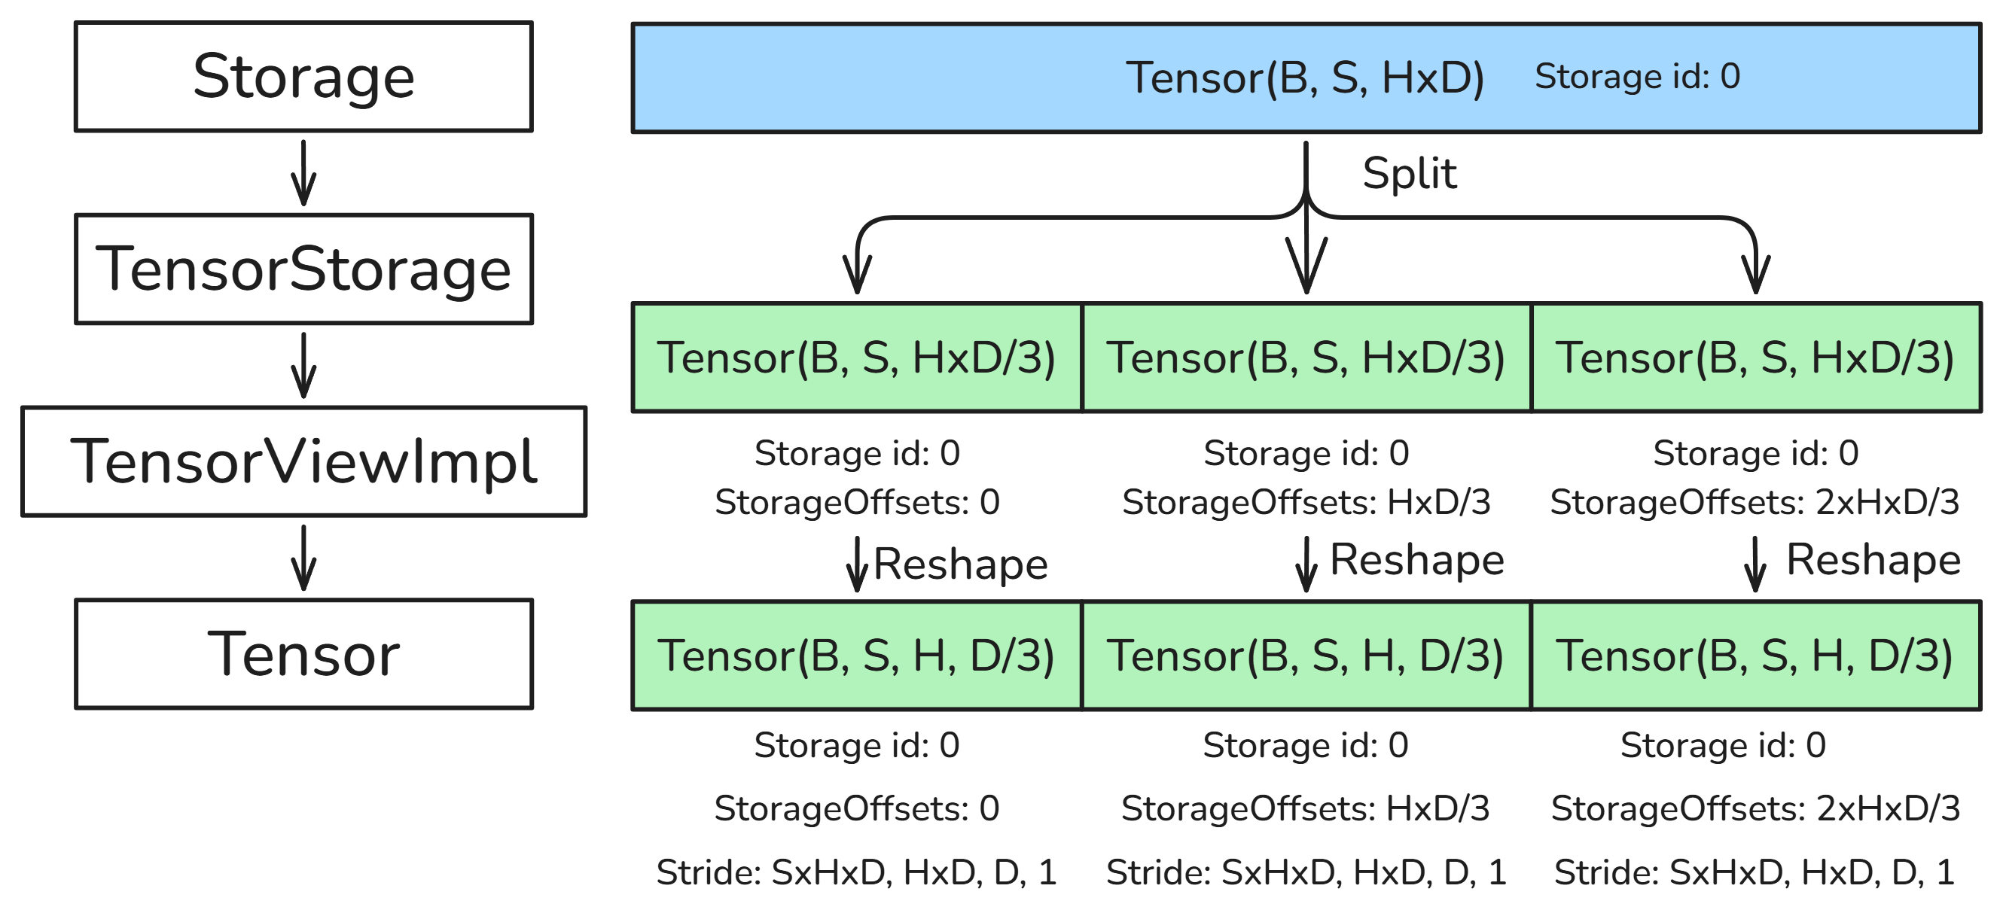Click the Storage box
[303, 76]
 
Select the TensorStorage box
[303, 268]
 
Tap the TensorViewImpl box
[303, 461]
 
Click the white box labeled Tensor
[303, 654]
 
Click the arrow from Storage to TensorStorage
[303, 172]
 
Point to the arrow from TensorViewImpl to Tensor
[303, 558]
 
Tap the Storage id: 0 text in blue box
[1637, 76]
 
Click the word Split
[1409, 172]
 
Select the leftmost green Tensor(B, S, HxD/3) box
[856, 358]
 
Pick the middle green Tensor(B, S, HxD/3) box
[1306, 358]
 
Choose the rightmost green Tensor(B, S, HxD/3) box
[1755, 358]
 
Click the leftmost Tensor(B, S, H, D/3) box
[856, 656]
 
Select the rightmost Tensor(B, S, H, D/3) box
[1755, 656]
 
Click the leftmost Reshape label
[959, 563]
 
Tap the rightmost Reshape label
[1873, 559]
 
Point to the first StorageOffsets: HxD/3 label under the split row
[1306, 502]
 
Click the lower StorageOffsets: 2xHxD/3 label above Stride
[1755, 808]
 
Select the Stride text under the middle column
[1306, 872]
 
